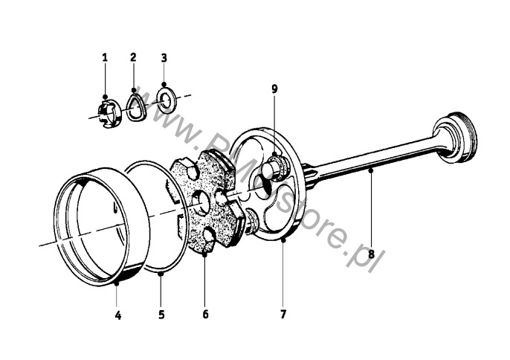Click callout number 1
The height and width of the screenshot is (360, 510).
[x=105, y=57]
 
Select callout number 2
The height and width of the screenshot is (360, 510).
[x=133, y=57]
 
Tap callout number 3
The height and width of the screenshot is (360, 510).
[x=164, y=57]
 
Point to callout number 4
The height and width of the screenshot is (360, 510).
[x=117, y=315]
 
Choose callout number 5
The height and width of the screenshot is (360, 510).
[x=161, y=315]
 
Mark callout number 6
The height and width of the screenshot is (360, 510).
[x=205, y=315]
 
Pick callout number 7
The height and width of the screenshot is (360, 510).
[x=283, y=315]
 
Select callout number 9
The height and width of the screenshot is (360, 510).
[x=274, y=89]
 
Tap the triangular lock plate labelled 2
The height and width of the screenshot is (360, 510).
[x=135, y=107]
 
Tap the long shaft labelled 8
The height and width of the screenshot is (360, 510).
[x=372, y=158]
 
